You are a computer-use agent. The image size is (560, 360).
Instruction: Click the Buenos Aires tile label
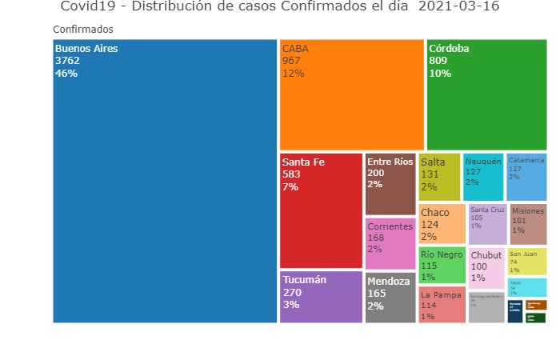click(x=86, y=49)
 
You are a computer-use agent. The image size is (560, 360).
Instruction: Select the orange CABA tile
click(x=351, y=94)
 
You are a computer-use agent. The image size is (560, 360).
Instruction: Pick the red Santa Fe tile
click(x=321, y=210)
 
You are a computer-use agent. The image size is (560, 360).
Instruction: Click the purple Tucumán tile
click(x=321, y=297)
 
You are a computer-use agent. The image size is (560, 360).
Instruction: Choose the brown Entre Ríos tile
click(x=390, y=183)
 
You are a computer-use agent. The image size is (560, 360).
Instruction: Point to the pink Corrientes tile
click(x=390, y=243)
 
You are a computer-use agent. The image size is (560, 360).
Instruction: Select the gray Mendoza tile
click(x=390, y=298)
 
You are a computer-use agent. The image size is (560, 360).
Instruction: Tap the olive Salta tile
click(x=439, y=176)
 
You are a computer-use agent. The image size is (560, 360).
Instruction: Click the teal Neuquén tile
click(x=483, y=176)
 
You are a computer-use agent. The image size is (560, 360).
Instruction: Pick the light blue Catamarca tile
click(x=526, y=176)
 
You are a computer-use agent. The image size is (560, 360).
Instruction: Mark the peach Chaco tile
click(x=442, y=223)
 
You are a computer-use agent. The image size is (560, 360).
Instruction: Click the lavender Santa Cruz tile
click(x=487, y=224)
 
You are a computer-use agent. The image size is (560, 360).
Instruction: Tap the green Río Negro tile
click(x=442, y=266)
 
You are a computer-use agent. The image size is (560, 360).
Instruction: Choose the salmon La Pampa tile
click(x=442, y=305)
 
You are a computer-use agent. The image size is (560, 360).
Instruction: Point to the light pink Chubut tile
click(x=486, y=267)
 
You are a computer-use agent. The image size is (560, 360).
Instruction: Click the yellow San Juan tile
click(x=527, y=261)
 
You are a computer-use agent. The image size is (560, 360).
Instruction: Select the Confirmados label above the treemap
click(x=83, y=30)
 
